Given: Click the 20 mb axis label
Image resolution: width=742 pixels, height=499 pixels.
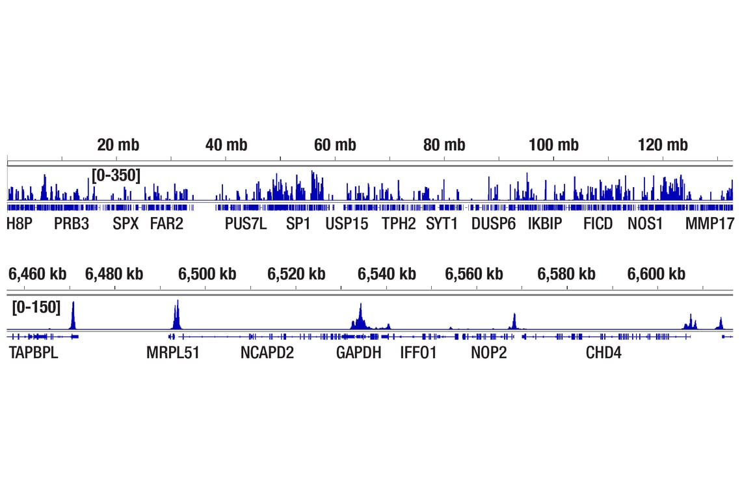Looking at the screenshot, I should (118, 145).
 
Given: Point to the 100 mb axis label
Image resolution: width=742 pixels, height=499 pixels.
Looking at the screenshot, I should (553, 145).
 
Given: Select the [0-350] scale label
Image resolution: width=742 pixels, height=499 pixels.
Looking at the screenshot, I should (116, 175).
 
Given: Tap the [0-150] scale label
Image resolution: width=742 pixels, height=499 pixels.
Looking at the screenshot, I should (36, 307).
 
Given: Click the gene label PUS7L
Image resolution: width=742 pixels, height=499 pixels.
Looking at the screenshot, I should (246, 224).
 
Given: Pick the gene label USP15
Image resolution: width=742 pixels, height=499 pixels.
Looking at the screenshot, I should (347, 224).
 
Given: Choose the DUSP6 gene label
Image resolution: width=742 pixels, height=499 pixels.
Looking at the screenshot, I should (494, 224).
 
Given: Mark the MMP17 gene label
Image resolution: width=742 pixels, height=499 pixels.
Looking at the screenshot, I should (709, 224).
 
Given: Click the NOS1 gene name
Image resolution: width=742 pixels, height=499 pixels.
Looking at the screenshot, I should (645, 224).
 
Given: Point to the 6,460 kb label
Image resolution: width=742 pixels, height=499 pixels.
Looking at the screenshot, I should (37, 274).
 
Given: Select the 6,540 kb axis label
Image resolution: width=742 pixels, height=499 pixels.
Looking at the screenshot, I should (386, 274).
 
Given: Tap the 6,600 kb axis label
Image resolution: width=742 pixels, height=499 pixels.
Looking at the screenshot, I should (656, 274).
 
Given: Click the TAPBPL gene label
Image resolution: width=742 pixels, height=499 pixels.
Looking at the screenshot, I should (33, 353).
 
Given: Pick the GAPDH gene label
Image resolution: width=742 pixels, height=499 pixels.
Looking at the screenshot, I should (359, 353).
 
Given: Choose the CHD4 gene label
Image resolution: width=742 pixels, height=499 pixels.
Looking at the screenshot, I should (603, 353).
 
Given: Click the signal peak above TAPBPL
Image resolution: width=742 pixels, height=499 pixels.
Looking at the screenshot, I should (73, 315).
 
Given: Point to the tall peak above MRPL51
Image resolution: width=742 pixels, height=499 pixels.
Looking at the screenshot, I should (176, 314).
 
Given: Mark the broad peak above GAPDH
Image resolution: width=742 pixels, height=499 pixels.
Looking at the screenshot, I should (360, 318).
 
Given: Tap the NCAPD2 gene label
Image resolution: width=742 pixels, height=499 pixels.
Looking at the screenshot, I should (267, 353).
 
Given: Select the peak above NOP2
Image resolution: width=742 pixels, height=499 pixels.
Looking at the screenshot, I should (514, 321).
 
